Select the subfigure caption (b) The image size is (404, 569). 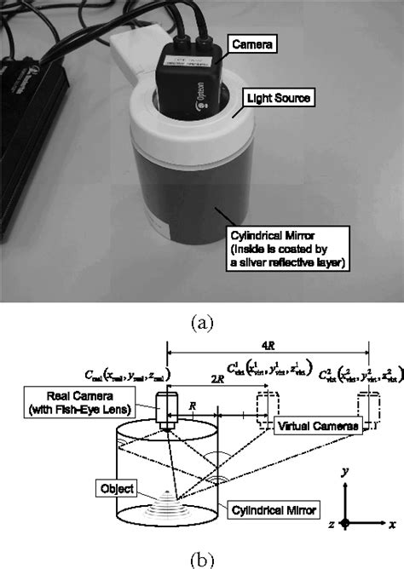[x=203, y=558]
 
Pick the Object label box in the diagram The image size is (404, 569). [x=117, y=487]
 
